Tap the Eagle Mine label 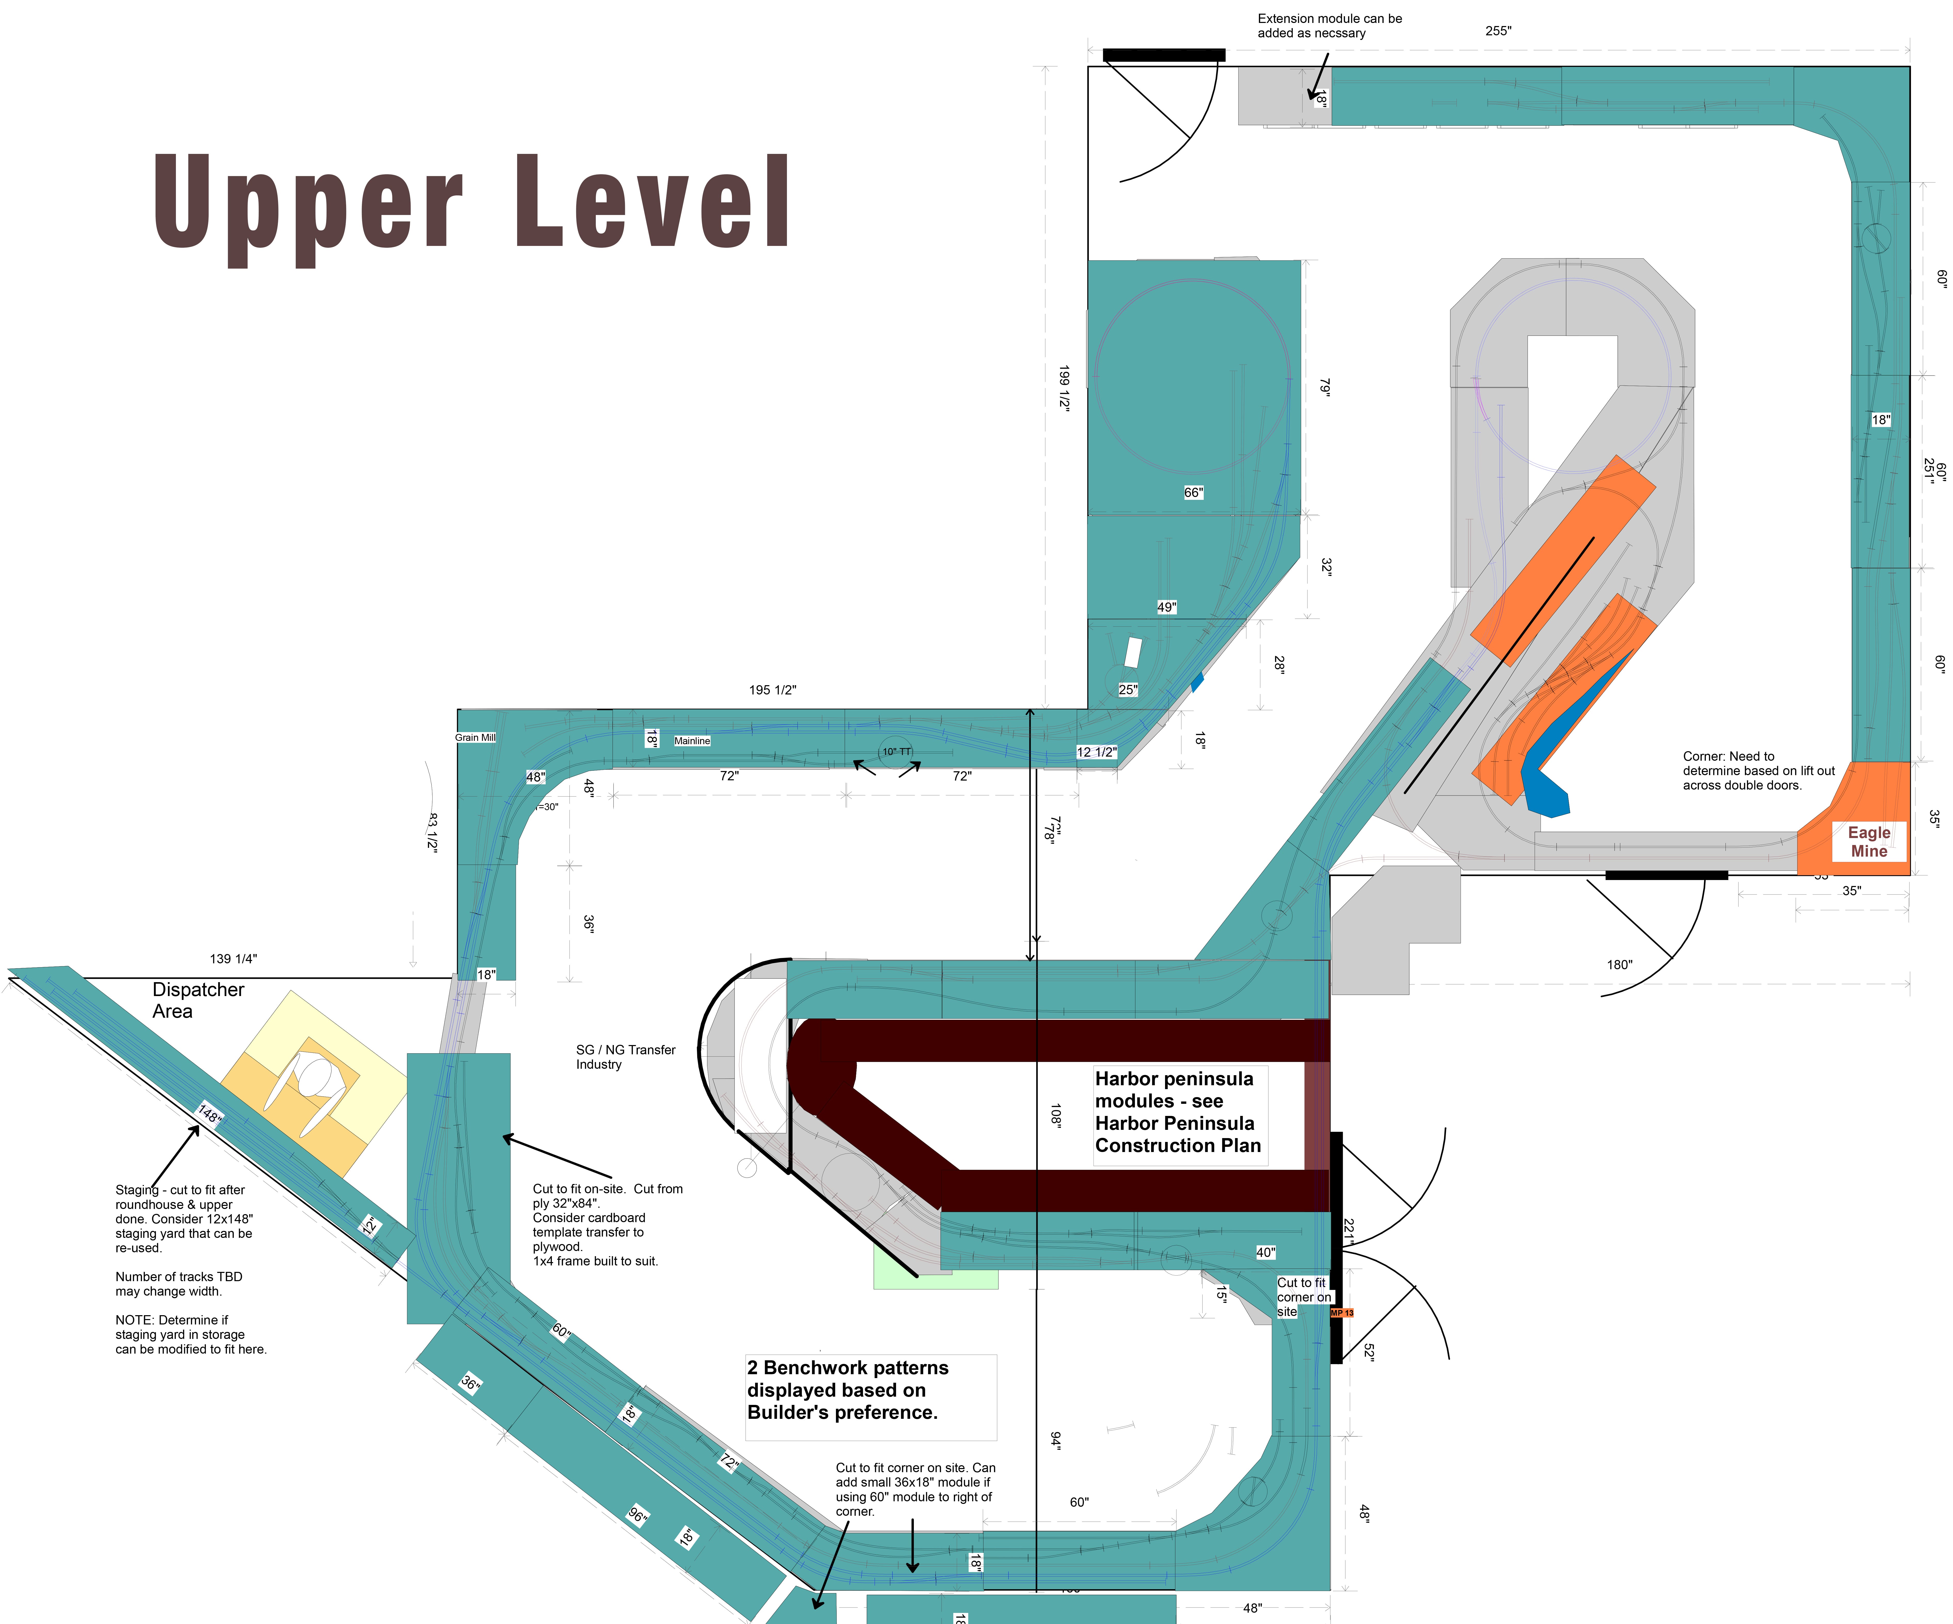[x=1868, y=841]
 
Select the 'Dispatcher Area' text [x=198, y=1000]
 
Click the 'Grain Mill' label [x=475, y=737]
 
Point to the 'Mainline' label [x=692, y=741]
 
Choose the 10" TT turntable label [x=897, y=751]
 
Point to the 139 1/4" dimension [x=233, y=958]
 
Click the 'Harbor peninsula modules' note [x=1177, y=1112]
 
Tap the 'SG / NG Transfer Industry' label [x=625, y=1057]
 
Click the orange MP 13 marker [x=1342, y=1313]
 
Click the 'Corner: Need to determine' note [x=1758, y=771]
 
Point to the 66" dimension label [x=1193, y=493]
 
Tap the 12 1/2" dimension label [x=1096, y=752]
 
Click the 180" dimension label [x=1619, y=965]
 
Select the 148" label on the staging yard [x=209, y=1114]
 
